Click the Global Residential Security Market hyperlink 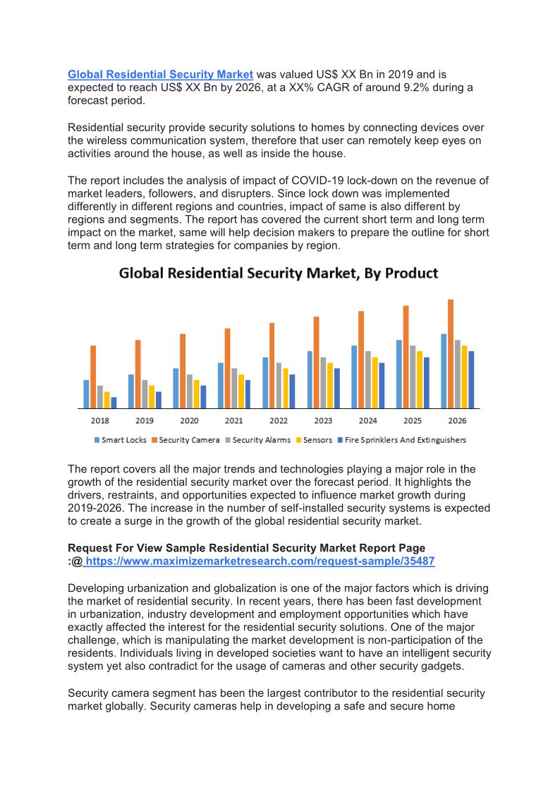tap(160, 74)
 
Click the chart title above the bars tap(279, 274)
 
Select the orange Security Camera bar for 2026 tap(451, 353)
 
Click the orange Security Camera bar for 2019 tap(138, 374)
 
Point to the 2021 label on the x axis tap(233, 420)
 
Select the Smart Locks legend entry tap(120, 440)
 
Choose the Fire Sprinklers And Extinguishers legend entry tap(401, 440)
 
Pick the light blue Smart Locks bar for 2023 tap(310, 379)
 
